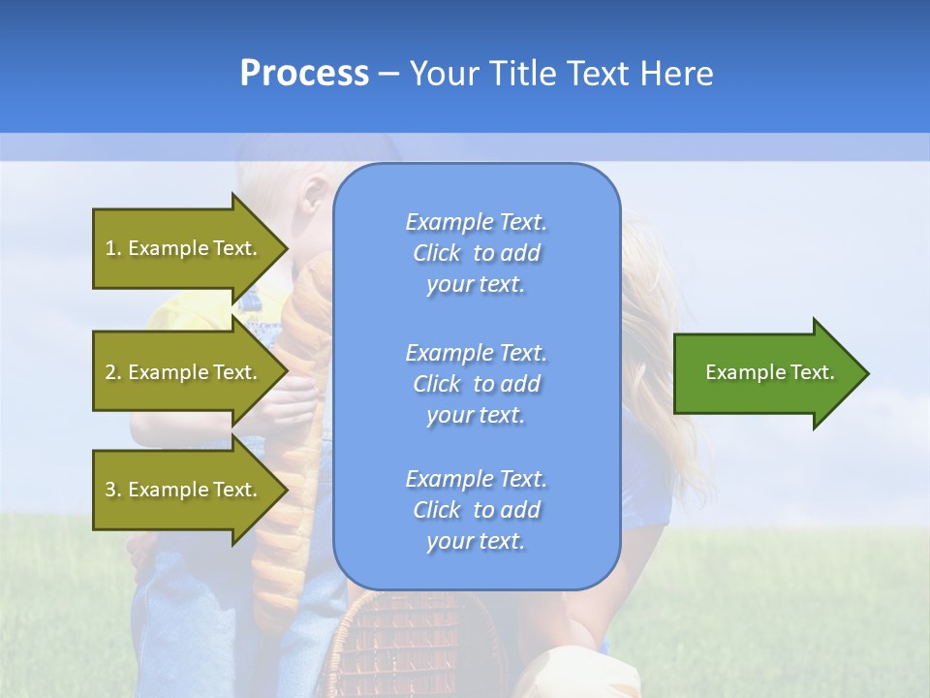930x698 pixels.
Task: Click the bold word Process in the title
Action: [304, 74]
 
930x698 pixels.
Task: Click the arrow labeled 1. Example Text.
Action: [184, 248]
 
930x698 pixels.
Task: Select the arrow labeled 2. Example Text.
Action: [184, 372]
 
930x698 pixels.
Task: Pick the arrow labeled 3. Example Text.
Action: [184, 490]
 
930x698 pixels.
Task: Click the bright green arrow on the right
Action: [765, 372]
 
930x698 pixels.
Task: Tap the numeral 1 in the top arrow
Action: [110, 248]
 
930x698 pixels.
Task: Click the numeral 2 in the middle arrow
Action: [110, 372]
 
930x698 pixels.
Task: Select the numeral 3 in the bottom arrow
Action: [110, 490]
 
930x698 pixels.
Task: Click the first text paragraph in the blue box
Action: [476, 253]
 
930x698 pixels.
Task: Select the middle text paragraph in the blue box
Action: [476, 384]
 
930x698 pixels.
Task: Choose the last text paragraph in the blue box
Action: [476, 510]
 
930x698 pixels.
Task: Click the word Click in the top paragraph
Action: [437, 253]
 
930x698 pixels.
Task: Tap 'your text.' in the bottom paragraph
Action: [476, 541]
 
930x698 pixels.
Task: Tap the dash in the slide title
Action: [389, 75]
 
